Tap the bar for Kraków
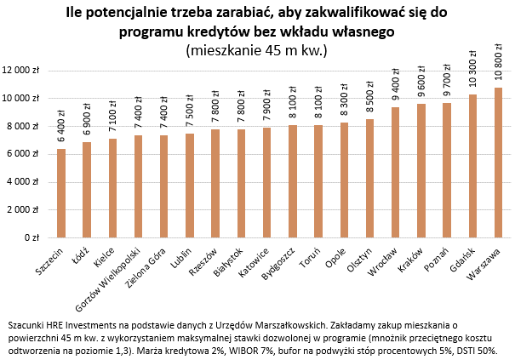(421, 171)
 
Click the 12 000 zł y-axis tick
(24, 71)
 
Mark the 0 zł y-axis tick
(36, 238)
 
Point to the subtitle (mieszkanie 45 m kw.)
(256, 50)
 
